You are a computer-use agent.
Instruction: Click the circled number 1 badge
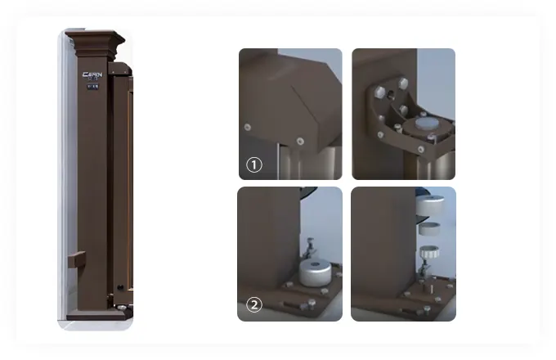[254, 165]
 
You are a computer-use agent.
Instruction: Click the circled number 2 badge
[254, 305]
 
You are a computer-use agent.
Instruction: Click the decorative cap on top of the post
[94, 38]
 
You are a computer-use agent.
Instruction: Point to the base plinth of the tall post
[94, 313]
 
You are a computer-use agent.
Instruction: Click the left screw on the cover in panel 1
[247, 126]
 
